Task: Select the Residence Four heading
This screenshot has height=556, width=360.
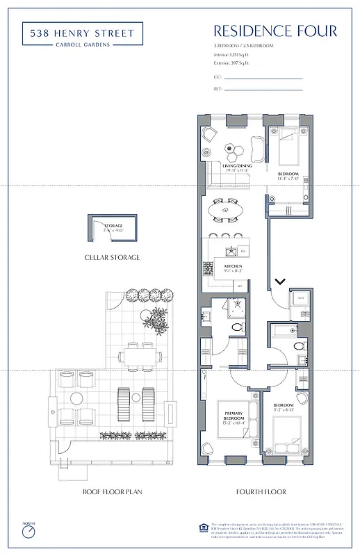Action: [x=275, y=31]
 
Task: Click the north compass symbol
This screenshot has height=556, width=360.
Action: [x=28, y=533]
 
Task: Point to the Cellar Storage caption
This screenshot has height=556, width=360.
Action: [x=112, y=257]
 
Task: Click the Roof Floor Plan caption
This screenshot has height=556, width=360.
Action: [x=112, y=492]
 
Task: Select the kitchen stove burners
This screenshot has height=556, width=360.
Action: [x=207, y=267]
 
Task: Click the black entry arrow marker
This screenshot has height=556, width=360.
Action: [x=280, y=281]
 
